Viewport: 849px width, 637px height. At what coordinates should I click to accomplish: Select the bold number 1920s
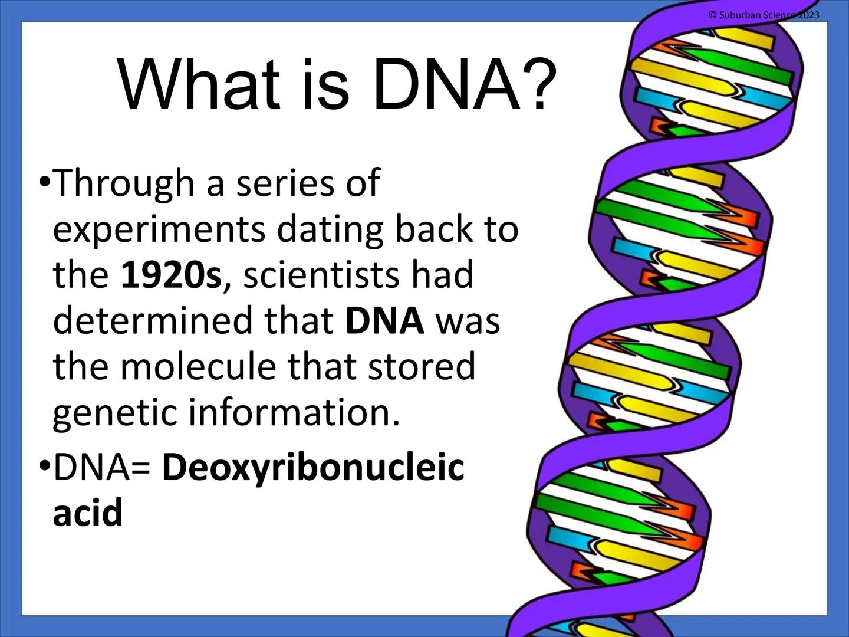coord(171,275)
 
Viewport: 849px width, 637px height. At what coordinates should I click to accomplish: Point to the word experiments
coord(159,230)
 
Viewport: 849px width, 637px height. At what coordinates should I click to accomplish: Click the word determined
coord(153,321)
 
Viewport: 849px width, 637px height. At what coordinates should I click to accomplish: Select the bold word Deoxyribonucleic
coord(313,468)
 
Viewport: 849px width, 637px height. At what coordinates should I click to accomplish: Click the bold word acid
coord(88,513)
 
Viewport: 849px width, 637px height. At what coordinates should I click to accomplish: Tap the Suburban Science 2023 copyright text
coord(764,15)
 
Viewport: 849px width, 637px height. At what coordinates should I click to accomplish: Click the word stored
coord(422,366)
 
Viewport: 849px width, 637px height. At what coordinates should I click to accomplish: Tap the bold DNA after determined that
coord(384,321)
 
